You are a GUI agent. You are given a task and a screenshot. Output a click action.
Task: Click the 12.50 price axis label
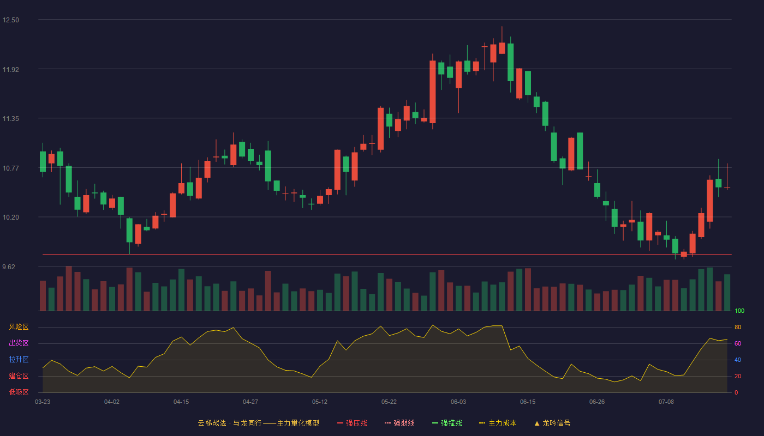click(10, 20)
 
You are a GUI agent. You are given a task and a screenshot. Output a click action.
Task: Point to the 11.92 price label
click(10, 70)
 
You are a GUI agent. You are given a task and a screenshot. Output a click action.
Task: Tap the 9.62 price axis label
click(9, 267)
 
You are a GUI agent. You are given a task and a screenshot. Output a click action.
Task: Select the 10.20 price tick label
click(10, 217)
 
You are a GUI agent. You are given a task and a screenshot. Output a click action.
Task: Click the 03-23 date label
click(43, 402)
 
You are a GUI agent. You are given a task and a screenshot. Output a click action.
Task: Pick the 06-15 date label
click(528, 402)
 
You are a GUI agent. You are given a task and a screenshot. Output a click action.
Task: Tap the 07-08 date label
click(666, 402)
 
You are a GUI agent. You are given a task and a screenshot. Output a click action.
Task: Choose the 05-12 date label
click(320, 402)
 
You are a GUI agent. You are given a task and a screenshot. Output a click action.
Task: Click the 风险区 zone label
click(19, 327)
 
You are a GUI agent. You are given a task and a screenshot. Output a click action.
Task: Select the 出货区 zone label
click(19, 343)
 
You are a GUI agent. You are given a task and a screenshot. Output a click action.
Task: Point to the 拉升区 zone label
click(19, 359)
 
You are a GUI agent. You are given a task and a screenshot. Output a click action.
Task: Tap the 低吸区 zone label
click(19, 392)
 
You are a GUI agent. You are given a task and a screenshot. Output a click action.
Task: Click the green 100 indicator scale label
click(739, 311)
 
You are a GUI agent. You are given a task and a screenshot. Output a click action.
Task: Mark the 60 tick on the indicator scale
click(738, 343)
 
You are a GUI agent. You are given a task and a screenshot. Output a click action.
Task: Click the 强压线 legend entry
click(352, 423)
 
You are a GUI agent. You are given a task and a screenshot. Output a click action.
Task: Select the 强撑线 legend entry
click(447, 423)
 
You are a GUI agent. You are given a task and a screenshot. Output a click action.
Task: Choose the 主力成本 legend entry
click(498, 423)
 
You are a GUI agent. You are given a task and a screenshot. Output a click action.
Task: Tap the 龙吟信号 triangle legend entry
click(552, 423)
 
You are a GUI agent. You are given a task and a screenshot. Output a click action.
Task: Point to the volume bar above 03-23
click(43, 295)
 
